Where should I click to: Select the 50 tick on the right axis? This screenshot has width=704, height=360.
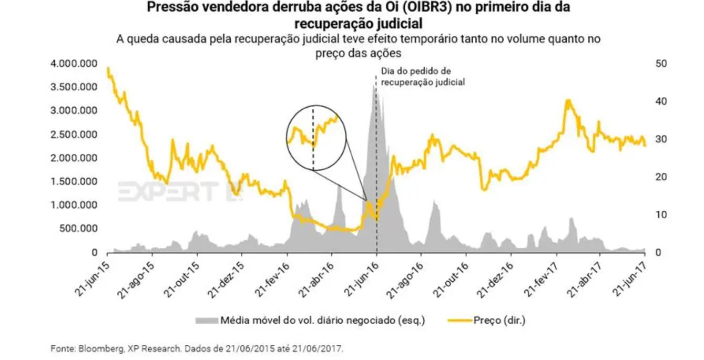661,64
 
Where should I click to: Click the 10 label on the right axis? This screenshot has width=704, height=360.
661,215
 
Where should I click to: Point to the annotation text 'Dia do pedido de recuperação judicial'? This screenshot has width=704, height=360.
423,77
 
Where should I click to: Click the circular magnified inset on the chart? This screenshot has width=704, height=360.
315,138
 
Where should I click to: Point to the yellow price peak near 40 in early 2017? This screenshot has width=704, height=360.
568,100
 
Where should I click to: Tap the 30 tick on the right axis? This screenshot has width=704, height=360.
661,139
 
